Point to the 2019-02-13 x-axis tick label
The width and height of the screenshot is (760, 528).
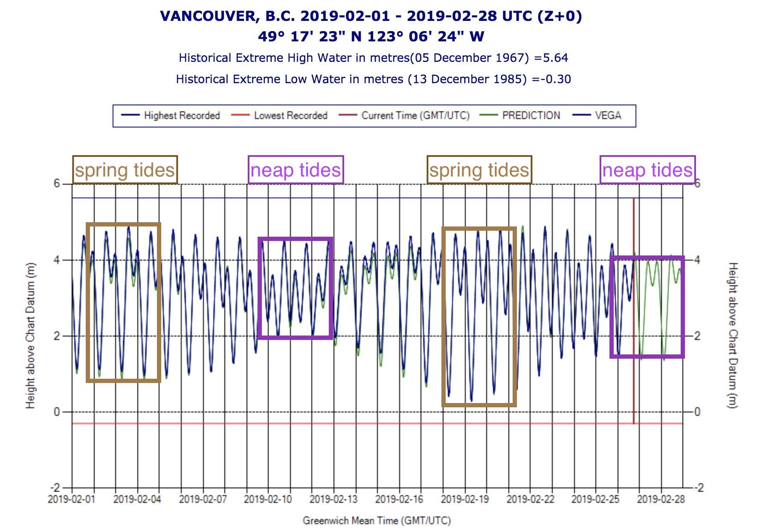click(333, 499)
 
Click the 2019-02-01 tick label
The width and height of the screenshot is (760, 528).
click(72, 499)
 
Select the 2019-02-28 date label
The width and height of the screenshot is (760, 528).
click(661, 499)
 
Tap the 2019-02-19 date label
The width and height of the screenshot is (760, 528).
click(464, 499)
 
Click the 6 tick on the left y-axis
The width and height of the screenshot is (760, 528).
click(56, 184)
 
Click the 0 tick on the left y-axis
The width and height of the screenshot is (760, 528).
click(56, 412)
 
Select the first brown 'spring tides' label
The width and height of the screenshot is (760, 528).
click(125, 170)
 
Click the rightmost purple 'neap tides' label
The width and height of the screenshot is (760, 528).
click(647, 170)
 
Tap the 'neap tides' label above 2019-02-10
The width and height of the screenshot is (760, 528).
click(296, 170)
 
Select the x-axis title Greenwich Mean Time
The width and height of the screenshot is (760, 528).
click(377, 520)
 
